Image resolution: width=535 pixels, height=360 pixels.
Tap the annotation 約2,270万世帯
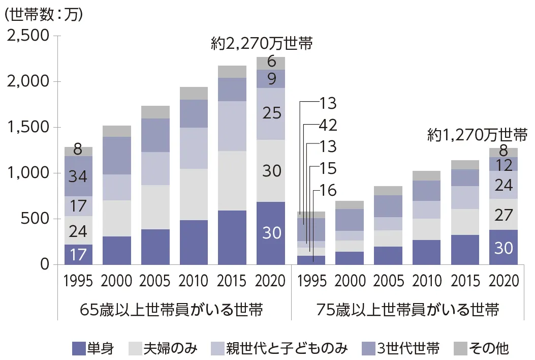pyautogui.click(x=262, y=43)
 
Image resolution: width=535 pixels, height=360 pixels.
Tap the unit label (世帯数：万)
pyautogui.click(x=43, y=14)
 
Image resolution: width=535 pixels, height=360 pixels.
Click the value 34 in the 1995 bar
pyautogui.click(x=78, y=176)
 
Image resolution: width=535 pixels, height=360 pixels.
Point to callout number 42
pyautogui.click(x=328, y=125)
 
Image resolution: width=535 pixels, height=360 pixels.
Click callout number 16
pyautogui.click(x=328, y=190)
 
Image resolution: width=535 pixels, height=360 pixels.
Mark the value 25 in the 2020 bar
pyautogui.click(x=271, y=113)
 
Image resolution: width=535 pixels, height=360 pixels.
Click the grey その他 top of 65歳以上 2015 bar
pyautogui.click(x=233, y=72)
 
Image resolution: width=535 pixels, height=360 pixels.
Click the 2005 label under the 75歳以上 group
pyautogui.click(x=389, y=281)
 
